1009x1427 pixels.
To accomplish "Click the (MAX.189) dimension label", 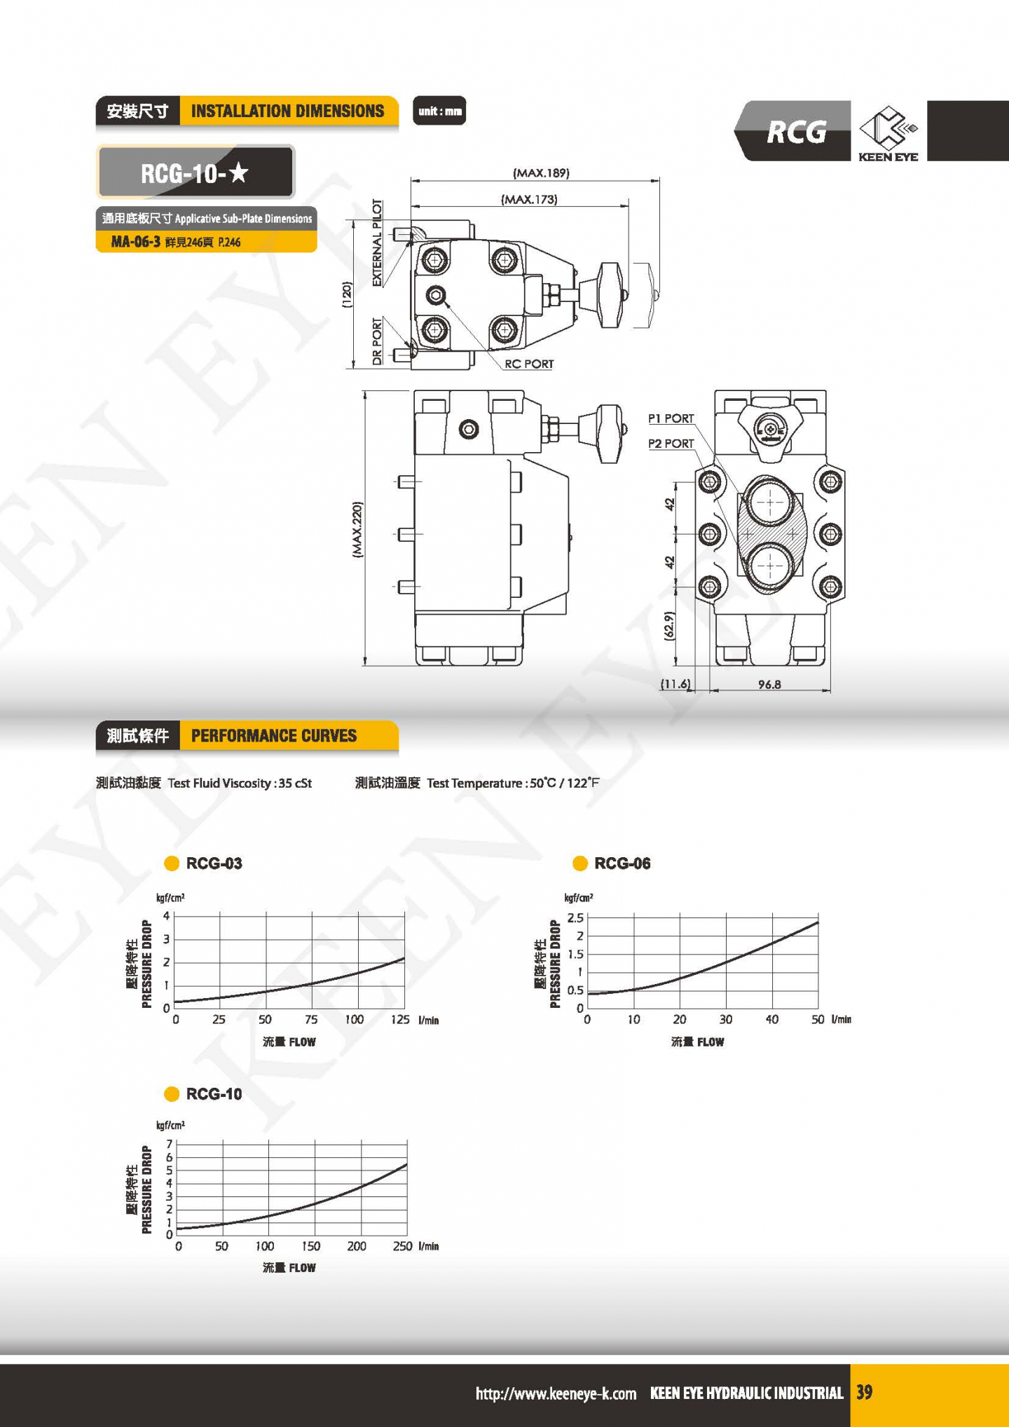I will [541, 173].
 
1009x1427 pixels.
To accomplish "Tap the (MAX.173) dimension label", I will [529, 200].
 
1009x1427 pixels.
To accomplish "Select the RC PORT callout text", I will [529, 364].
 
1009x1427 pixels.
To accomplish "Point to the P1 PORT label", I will [671, 418].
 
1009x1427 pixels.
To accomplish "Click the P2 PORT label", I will [671, 444].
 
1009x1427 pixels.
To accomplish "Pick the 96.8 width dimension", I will [769, 684].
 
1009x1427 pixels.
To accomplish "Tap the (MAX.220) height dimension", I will [357, 529].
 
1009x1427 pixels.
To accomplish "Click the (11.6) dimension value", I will [675, 684].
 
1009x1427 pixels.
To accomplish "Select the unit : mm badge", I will [439, 111].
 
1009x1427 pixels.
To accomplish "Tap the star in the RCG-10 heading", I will [239, 172].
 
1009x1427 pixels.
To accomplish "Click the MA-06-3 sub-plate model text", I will [135, 242].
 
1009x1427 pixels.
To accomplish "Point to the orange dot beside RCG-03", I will [172, 863].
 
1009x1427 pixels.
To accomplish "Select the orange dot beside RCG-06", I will [580, 863].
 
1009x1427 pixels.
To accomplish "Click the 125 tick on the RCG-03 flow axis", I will [400, 1019].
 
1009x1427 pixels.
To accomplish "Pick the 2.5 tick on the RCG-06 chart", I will [575, 917].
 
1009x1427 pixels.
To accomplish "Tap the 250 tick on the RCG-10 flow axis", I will [402, 1245].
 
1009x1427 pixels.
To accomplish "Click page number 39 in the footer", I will [865, 1392].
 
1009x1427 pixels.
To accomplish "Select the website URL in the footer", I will [556, 1393].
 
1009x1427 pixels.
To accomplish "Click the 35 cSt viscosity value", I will [295, 783].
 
